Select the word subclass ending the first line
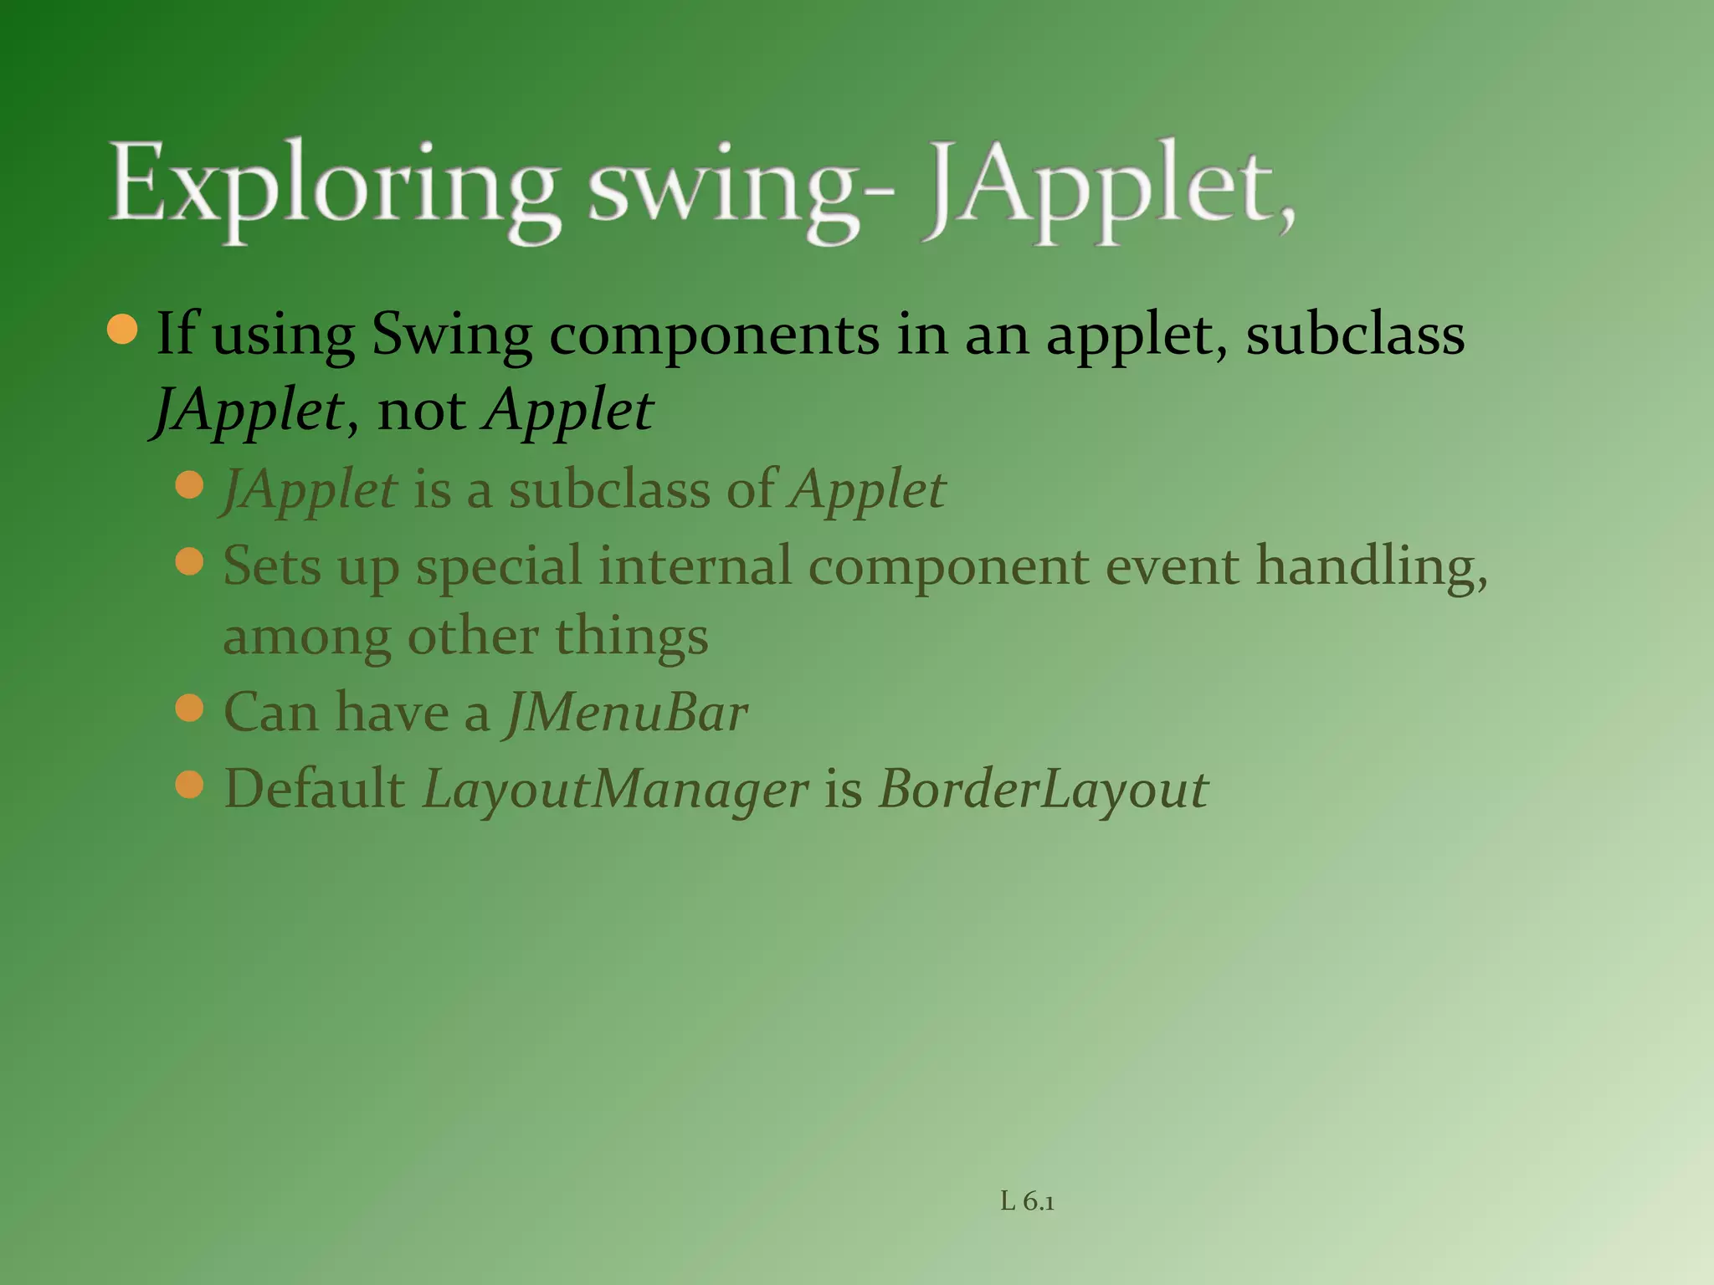click(x=1355, y=334)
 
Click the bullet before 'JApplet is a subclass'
click(x=191, y=484)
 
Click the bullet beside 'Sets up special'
click(x=191, y=561)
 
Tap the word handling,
click(x=1372, y=566)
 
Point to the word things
click(x=632, y=637)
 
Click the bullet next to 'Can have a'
click(x=191, y=709)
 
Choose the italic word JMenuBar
click(x=627, y=713)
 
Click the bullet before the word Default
click(x=191, y=785)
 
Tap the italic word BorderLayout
click(x=1043, y=790)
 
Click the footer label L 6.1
click(x=1027, y=1202)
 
